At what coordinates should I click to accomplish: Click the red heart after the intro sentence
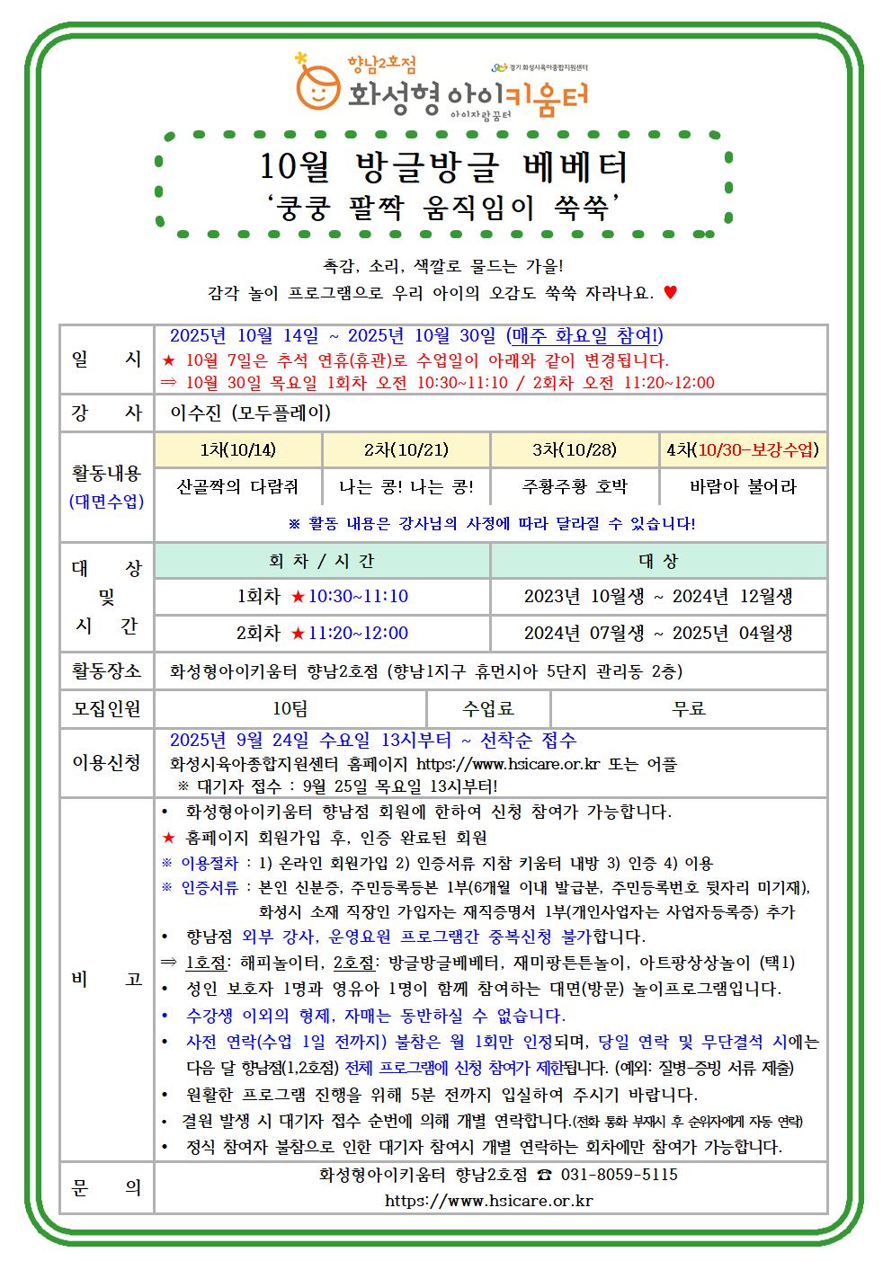[x=670, y=292]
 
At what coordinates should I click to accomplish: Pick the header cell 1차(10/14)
[x=238, y=449]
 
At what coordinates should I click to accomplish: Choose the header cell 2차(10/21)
[x=406, y=449]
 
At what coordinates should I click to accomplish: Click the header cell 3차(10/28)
[x=575, y=449]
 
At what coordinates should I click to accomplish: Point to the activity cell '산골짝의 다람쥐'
[x=238, y=487]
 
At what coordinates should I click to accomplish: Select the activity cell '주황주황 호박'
[x=575, y=487]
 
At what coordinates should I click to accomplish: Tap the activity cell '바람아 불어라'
[x=743, y=487]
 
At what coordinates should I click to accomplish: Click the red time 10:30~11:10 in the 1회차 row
[x=358, y=596]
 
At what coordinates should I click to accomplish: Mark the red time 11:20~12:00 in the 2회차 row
[x=358, y=633]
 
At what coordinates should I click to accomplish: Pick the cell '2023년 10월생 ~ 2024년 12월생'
[x=658, y=596]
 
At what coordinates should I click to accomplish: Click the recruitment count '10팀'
[x=290, y=708]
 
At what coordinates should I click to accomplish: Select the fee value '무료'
[x=689, y=708]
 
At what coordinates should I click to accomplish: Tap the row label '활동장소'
[x=106, y=670]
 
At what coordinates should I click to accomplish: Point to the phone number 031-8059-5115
[x=619, y=1175]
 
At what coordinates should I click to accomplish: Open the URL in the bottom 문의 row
[x=488, y=1200]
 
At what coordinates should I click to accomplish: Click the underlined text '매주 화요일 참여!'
[x=584, y=336]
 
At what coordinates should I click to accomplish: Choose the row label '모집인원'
[x=106, y=708]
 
